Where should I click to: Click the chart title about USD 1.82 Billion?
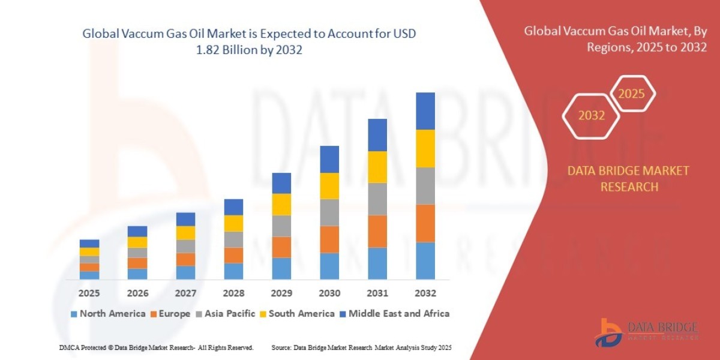pos(249,42)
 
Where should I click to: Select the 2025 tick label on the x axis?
pos(89,293)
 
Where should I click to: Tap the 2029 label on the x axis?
pos(281,293)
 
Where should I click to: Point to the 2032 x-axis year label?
pos(425,293)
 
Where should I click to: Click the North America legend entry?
pos(107,313)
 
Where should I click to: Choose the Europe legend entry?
pos(170,313)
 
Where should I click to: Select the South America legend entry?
pos(296,313)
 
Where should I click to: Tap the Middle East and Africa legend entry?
pos(394,313)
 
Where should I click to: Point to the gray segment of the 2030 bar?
pos(329,212)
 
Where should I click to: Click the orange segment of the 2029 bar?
pos(281,247)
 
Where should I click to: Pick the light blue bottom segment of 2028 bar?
pos(233,271)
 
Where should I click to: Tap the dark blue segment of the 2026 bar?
pos(137,231)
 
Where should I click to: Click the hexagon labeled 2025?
pos(631,94)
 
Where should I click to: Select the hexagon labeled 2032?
pos(592,116)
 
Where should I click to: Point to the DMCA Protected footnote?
pos(157,347)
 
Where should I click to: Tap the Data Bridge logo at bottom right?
pos(647,332)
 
